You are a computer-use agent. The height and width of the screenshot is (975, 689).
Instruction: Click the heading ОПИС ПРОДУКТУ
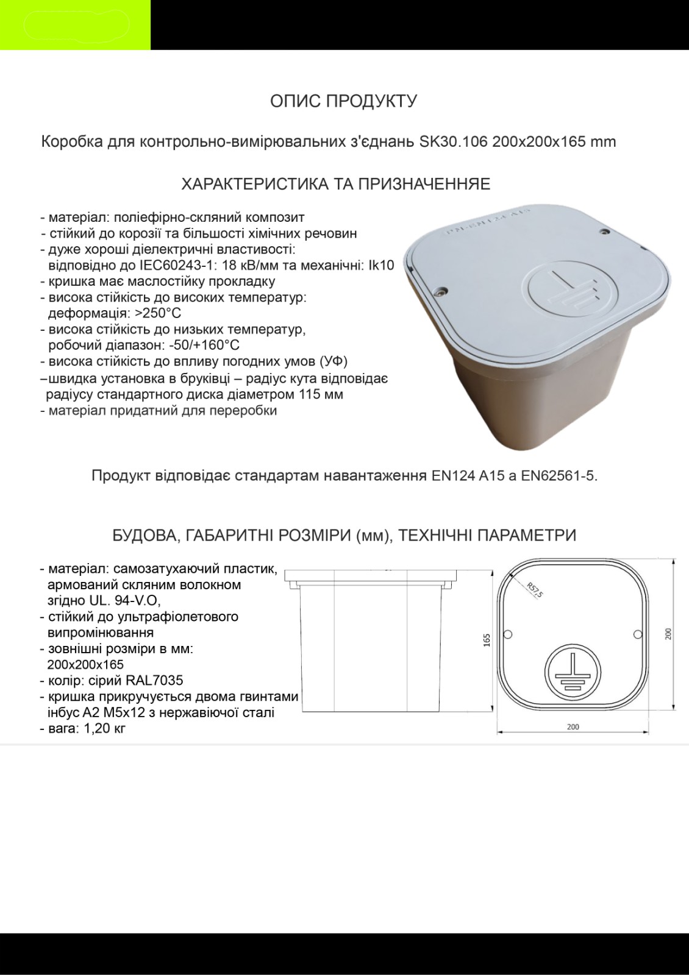click(x=343, y=101)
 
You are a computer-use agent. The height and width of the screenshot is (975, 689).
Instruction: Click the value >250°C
click(x=158, y=314)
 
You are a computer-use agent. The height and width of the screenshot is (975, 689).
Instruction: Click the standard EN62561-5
click(x=558, y=475)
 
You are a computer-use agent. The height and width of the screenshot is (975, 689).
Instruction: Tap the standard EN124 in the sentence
click(x=454, y=475)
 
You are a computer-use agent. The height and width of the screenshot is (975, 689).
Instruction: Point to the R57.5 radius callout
click(x=535, y=590)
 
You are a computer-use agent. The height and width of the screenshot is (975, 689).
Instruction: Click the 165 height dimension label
click(x=487, y=640)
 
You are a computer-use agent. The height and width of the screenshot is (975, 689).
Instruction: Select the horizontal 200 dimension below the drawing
click(x=573, y=727)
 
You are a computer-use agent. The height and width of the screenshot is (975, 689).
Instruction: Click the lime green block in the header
click(x=75, y=25)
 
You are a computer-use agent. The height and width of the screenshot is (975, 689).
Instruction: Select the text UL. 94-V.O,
click(x=120, y=601)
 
